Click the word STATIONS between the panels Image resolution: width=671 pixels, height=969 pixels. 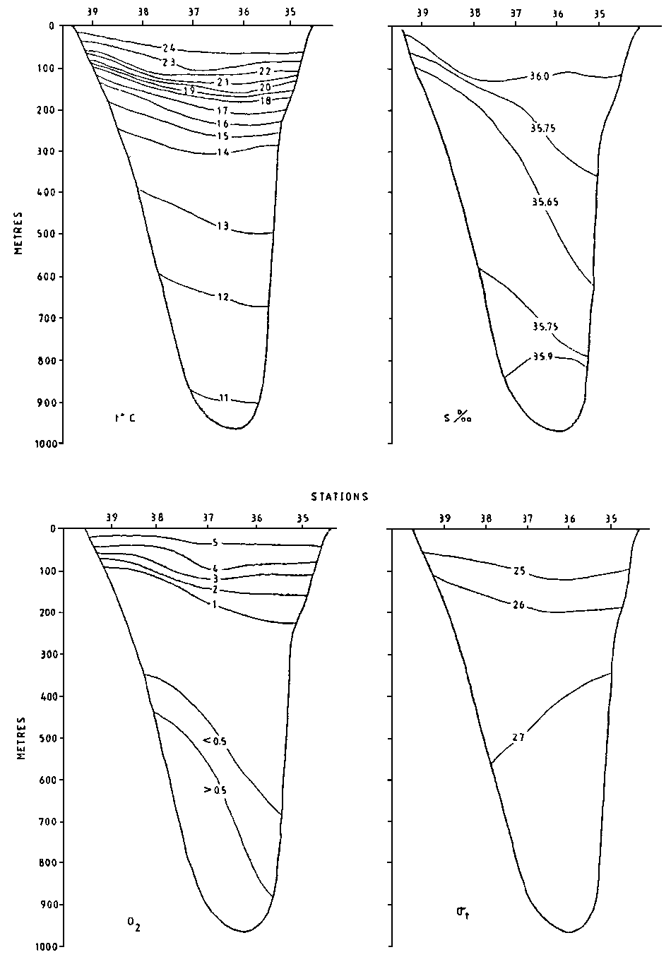click(x=341, y=497)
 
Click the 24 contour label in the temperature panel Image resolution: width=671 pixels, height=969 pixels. click(x=168, y=48)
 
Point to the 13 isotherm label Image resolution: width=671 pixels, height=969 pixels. click(x=222, y=226)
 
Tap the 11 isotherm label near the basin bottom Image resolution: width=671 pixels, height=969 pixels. click(x=223, y=398)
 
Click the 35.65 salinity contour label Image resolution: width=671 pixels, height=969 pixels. click(x=545, y=202)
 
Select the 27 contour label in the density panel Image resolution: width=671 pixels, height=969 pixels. click(x=518, y=737)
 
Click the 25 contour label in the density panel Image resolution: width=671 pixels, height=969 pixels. click(x=519, y=571)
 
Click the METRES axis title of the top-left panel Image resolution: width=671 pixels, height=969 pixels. click(x=22, y=232)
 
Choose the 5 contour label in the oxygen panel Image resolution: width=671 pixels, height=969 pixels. click(x=215, y=542)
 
